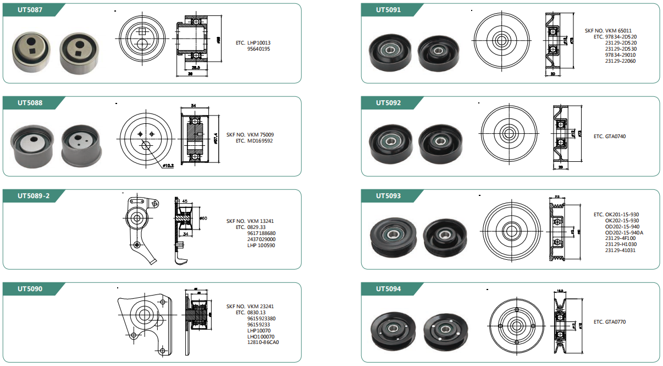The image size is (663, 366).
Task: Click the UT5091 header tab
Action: pos(388,10)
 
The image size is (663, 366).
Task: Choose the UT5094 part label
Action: pos(388,288)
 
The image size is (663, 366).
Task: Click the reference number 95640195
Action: pos(259,48)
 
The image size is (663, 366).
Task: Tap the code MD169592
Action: pos(260,141)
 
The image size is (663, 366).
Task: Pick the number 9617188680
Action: pos(262,233)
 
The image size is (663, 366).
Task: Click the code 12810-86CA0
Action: pos(263,342)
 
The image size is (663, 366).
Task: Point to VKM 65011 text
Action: pos(621,31)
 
